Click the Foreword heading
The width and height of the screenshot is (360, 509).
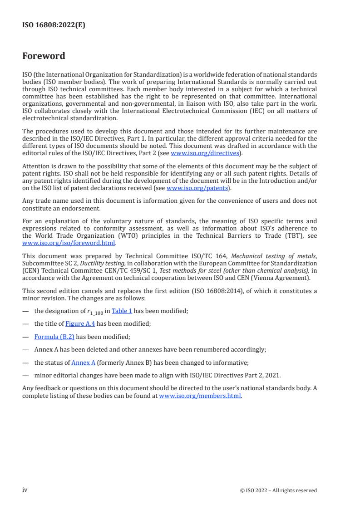44,56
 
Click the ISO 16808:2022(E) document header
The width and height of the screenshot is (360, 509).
54,25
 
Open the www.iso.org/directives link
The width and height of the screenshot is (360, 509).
205,153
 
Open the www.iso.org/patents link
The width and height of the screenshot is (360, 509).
197,187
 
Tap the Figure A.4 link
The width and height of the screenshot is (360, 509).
80,323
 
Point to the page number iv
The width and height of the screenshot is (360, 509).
25,489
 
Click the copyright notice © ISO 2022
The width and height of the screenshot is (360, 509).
278,490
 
